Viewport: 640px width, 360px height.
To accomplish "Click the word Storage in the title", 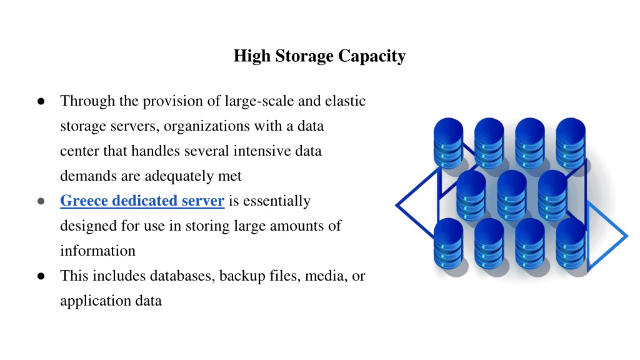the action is tap(304, 56).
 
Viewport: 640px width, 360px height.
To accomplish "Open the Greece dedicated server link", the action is tap(142, 201).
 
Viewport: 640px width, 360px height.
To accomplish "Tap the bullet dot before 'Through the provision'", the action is tap(41, 101).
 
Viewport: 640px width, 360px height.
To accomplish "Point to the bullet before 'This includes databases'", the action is tap(41, 276).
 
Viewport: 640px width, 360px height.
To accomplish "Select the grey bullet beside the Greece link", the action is tap(41, 201).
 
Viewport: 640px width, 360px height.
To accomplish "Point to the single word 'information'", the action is tap(97, 251).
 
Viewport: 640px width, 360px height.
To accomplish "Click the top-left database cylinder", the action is tap(448, 143).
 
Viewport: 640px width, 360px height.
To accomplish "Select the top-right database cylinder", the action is tap(571, 143).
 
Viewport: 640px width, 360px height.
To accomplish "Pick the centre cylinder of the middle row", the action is tap(512, 195).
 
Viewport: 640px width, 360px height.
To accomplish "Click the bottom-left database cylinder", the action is tap(448, 243).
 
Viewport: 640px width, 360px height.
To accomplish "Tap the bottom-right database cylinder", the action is tap(571, 243).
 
